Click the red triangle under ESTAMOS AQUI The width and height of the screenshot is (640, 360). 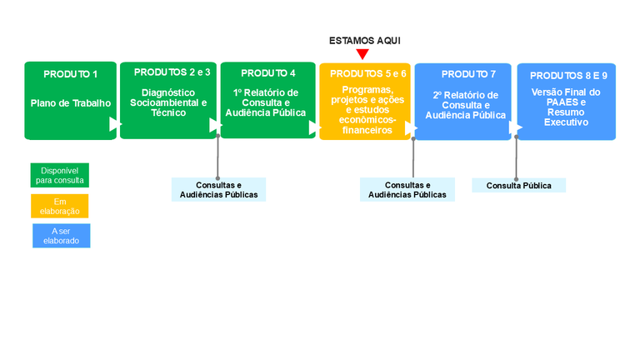pyautogui.click(x=362, y=54)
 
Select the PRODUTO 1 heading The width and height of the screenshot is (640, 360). pyautogui.click(x=71, y=74)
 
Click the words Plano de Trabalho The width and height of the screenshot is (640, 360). pyautogui.click(x=71, y=103)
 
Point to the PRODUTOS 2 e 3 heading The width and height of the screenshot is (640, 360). pyautogui.click(x=172, y=72)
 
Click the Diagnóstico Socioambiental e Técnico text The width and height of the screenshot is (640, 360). pyautogui.click(x=168, y=102)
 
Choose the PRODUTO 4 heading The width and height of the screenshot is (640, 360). pyautogui.click(x=268, y=73)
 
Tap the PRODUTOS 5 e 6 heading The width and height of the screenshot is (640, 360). pyautogui.click(x=368, y=73)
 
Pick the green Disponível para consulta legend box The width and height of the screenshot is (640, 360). pyautogui.click(x=59, y=175)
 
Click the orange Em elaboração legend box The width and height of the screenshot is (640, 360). pyautogui.click(x=59, y=206)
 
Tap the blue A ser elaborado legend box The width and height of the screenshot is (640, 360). pyautogui.click(x=61, y=236)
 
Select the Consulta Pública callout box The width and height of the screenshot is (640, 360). pyautogui.click(x=518, y=185)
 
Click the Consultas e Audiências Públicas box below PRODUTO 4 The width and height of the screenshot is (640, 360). pyautogui.click(x=218, y=190)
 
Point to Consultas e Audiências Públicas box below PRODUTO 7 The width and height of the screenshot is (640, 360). pyautogui.click(x=407, y=190)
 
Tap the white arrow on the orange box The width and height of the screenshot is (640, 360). pyautogui.click(x=410, y=128)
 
